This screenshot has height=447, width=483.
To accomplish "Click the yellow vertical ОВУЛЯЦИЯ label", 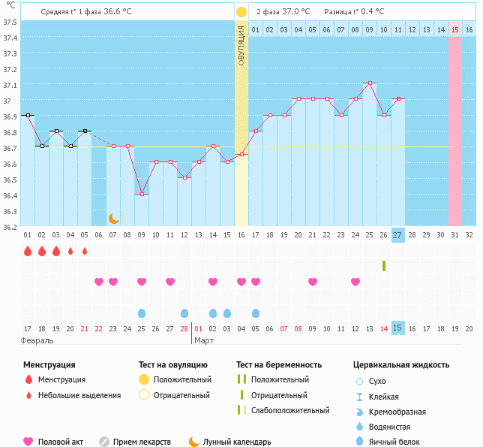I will point(241,45).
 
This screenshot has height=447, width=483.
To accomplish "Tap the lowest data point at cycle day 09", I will point(142,194).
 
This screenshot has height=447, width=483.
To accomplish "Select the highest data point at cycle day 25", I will point(369,83).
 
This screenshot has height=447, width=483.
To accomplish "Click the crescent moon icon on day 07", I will point(113,218).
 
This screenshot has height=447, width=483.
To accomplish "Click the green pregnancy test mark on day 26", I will point(383,266).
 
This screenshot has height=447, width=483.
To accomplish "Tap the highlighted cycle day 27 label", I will point(397,235).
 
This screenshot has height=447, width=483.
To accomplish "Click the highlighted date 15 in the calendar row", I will point(397,328).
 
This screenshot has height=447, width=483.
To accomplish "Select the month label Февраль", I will point(37,341).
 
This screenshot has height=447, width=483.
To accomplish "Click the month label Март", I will point(204,341).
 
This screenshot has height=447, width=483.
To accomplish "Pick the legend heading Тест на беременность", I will point(279,365).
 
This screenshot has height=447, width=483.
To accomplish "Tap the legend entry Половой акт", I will point(55,442).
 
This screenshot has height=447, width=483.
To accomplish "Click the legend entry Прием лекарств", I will point(141,442).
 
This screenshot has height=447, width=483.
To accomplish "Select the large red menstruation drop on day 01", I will point(28,251).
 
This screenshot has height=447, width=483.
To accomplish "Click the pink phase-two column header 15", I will point(454,29).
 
